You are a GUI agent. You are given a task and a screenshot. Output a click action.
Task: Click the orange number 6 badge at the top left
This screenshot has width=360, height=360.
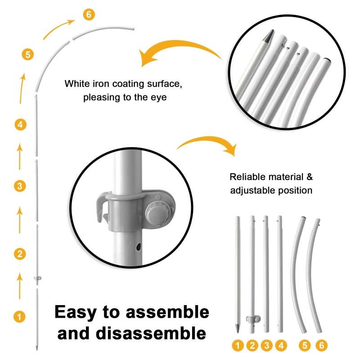(x=89, y=14)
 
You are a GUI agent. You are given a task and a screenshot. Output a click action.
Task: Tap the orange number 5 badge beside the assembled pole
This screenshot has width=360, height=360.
(x=28, y=54)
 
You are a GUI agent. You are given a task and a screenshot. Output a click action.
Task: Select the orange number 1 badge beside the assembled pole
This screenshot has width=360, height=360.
(x=19, y=317)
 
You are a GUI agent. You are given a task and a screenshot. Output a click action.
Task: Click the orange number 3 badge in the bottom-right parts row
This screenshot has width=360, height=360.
(x=266, y=345)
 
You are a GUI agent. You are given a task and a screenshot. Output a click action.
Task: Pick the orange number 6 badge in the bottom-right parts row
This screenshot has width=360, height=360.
(x=321, y=345)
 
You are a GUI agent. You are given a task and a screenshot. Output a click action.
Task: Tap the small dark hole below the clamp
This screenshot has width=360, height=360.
(x=139, y=247)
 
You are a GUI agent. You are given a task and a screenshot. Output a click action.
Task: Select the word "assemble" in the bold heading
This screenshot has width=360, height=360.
(x=167, y=312)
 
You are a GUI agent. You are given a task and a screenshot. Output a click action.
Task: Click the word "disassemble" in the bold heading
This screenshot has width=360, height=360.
(x=151, y=333)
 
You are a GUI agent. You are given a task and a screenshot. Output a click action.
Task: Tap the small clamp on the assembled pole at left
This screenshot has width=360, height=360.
(x=37, y=279)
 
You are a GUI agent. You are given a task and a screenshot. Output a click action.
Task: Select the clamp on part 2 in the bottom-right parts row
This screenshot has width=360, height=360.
(x=253, y=319)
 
